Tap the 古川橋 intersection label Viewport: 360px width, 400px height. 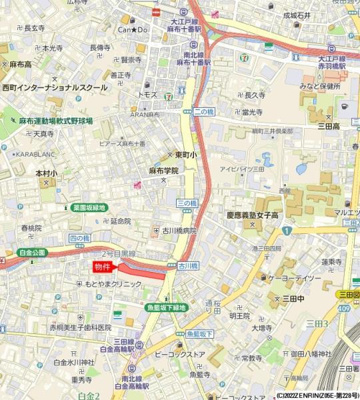pos(187,267)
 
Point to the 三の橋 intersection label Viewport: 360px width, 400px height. pos(188,202)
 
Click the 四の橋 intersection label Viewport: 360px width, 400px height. pos(78,238)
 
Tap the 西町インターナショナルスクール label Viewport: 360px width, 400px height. pos(54,88)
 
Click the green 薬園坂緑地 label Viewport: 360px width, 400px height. pos(90,207)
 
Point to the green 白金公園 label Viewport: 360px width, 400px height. pos(32,253)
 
